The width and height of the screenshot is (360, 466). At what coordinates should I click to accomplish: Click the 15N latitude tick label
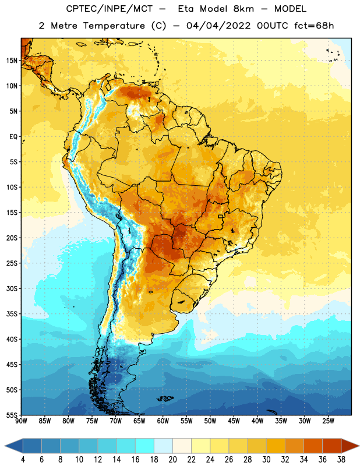[x=12, y=61]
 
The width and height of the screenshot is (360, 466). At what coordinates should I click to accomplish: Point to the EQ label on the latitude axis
[x=13, y=137]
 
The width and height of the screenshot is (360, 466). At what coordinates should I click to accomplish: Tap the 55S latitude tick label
[x=12, y=415]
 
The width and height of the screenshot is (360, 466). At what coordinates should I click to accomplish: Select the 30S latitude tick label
[x=12, y=288]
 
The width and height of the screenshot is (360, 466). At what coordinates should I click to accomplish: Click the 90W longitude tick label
[x=22, y=421]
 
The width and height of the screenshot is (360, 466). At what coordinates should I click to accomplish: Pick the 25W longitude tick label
[x=328, y=421]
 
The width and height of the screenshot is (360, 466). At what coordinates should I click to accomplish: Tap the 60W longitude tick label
[x=163, y=421]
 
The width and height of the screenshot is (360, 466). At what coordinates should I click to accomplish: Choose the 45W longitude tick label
[x=234, y=421]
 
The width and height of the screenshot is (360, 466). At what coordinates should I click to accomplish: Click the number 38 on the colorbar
[x=341, y=460]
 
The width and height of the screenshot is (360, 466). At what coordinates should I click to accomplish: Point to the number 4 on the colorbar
[x=23, y=460]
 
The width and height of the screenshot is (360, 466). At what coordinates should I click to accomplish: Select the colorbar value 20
[x=172, y=460]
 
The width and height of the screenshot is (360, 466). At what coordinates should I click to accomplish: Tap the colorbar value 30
[x=266, y=460]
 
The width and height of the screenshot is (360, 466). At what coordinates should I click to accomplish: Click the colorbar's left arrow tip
[x=5, y=446]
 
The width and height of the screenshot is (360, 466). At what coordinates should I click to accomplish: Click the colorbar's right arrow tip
[x=359, y=446]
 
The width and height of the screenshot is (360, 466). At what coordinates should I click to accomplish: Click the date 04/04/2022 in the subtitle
[x=218, y=26]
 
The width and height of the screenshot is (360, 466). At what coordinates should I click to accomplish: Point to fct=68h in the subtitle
[x=314, y=26]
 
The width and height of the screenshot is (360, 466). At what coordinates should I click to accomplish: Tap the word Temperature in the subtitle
[x=114, y=26]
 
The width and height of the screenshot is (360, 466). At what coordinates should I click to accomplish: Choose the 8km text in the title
[x=243, y=9]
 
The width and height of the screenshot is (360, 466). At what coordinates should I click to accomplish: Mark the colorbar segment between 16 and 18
[x=145, y=446]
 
